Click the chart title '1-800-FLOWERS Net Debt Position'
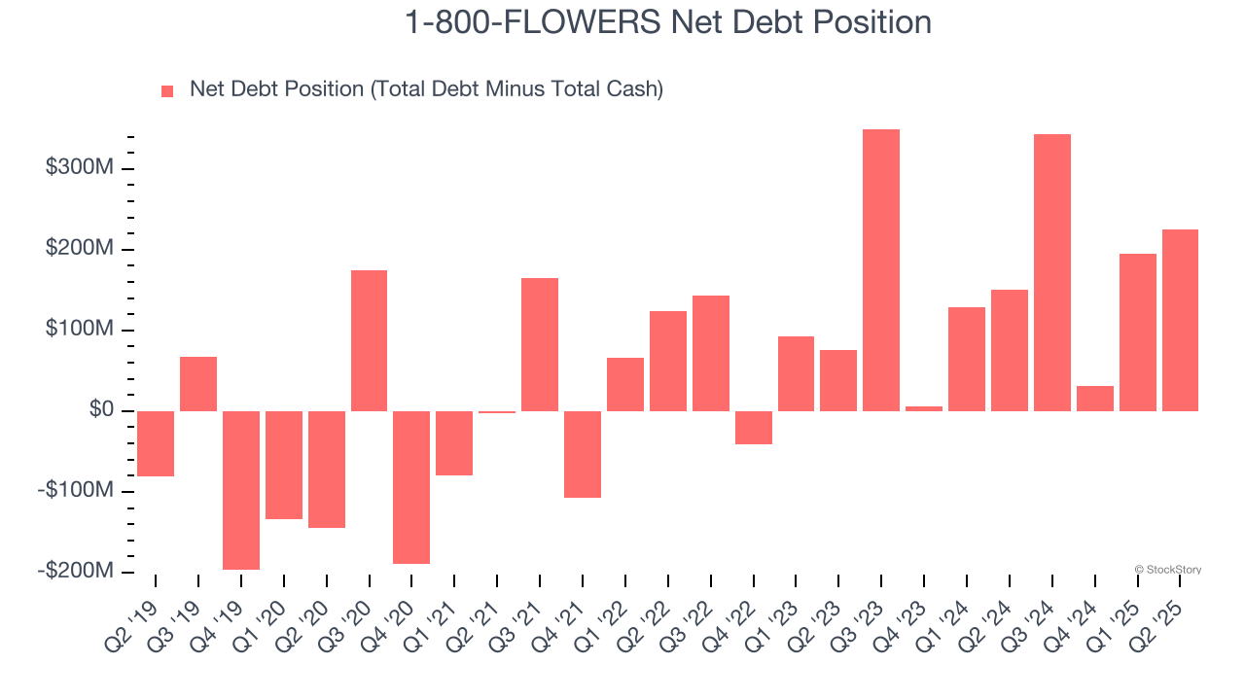[667, 22]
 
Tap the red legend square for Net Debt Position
[167, 90]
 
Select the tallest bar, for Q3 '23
[881, 270]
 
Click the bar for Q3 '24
[1051, 272]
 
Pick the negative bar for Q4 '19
[241, 490]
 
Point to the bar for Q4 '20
[411, 487]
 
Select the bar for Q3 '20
[369, 340]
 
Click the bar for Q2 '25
[1180, 320]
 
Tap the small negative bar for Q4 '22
[753, 428]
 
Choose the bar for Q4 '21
[583, 454]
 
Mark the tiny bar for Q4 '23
[924, 408]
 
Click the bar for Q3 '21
[540, 344]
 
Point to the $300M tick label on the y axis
[80, 168]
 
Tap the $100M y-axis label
[80, 330]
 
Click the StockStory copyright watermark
[1168, 570]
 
